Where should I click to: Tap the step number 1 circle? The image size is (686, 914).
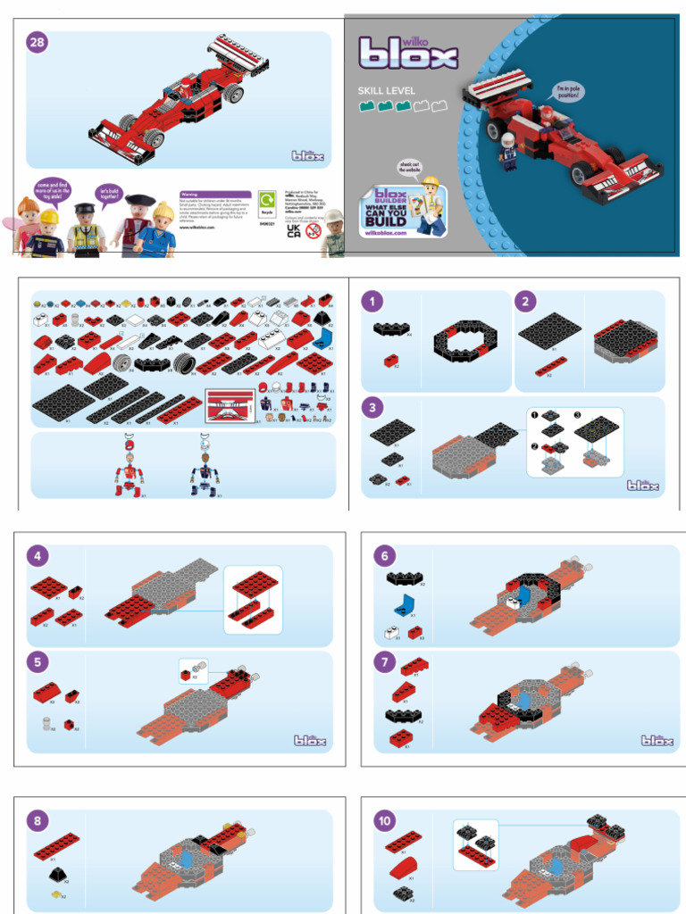[x=372, y=303]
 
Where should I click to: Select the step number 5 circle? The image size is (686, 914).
[x=38, y=662]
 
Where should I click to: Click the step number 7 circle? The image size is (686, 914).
[x=384, y=662]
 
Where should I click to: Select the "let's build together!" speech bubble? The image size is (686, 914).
[x=109, y=194]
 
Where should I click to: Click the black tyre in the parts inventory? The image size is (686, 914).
[x=185, y=362]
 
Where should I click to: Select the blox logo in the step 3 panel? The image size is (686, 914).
[x=642, y=486]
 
